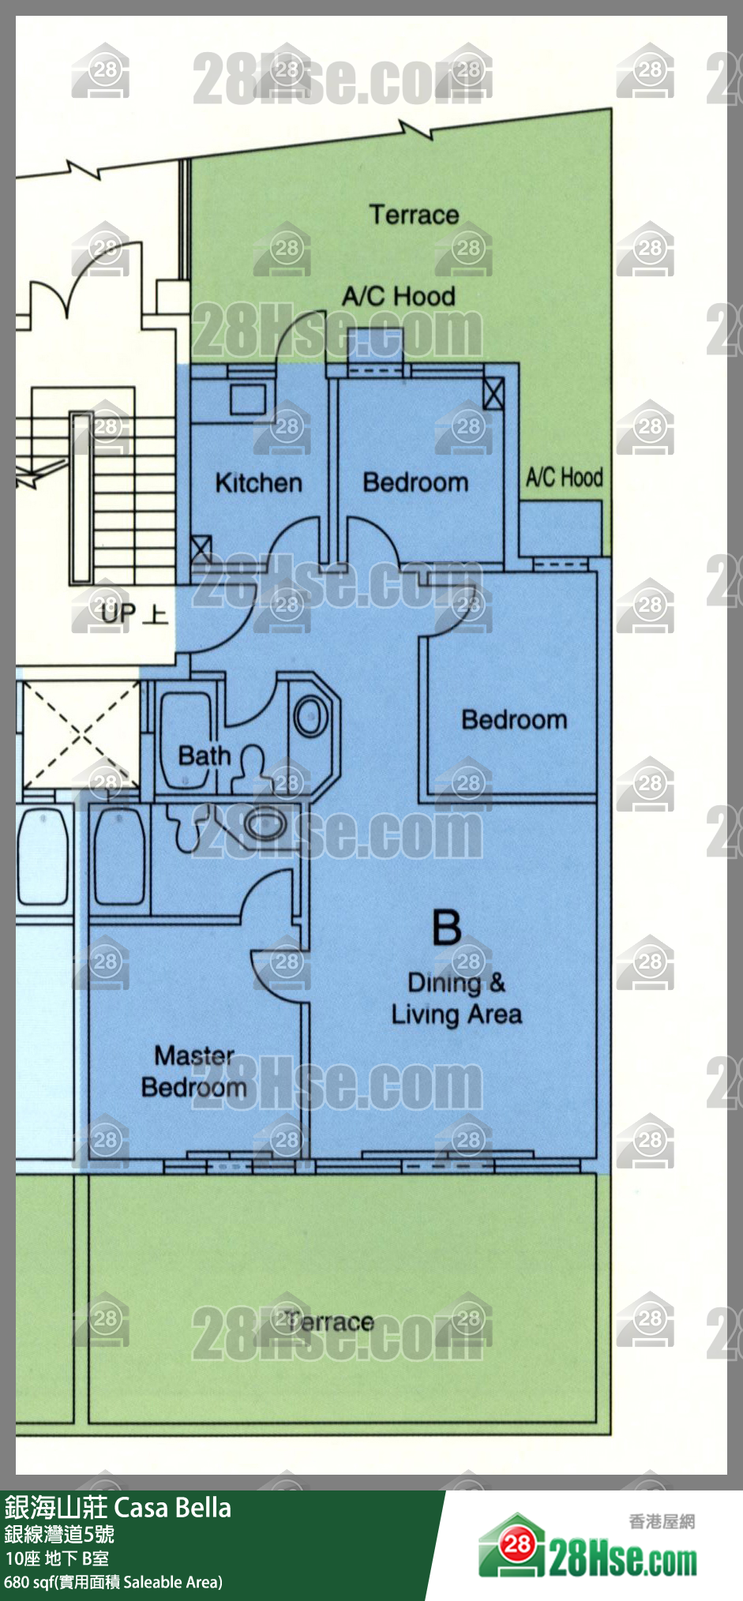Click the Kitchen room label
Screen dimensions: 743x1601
click(x=258, y=482)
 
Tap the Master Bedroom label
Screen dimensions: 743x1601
click(x=194, y=1071)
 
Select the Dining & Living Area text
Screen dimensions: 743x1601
click(x=456, y=999)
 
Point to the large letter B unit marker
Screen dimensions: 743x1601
click(x=446, y=927)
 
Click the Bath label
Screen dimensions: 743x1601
click(x=205, y=756)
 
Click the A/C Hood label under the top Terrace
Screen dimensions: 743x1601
click(x=399, y=296)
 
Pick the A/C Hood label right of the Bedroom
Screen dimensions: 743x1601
click(x=565, y=477)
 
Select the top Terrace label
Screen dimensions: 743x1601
click(x=414, y=214)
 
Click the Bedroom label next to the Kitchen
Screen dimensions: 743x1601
click(x=415, y=482)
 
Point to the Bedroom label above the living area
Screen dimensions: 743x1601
click(x=514, y=719)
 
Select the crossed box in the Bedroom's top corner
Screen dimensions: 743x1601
click(x=493, y=392)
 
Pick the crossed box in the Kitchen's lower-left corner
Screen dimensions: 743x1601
click(x=201, y=549)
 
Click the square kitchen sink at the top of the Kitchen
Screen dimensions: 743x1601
click(x=248, y=398)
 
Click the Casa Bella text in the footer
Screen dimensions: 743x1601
click(x=173, y=1508)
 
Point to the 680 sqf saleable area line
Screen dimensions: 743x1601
click(x=113, y=1582)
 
